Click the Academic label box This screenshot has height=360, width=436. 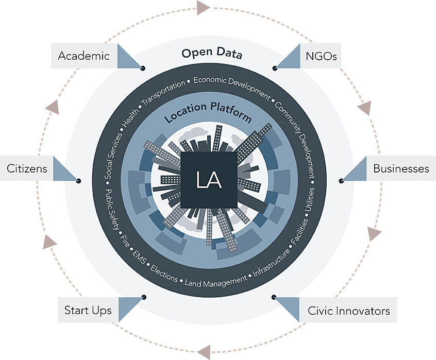coord(83,56)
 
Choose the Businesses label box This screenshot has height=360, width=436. coord(401,168)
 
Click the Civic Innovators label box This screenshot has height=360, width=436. coord(348,311)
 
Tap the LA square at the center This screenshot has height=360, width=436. coord(208,180)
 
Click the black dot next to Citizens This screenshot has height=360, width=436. coord(78,181)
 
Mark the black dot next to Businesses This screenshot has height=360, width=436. coord(341,181)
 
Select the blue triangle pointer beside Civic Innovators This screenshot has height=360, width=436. coord(289,307)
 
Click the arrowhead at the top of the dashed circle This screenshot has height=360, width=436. coord(203,8)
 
